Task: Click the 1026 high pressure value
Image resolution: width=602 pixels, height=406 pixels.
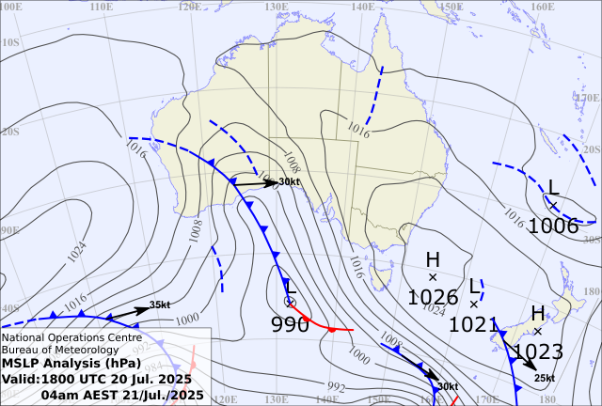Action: coord(433,297)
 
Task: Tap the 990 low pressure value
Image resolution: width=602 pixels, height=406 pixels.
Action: coord(290,324)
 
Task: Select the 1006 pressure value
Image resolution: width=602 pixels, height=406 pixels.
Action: coord(553,226)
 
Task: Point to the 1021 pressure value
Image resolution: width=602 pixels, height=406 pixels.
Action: coord(474,324)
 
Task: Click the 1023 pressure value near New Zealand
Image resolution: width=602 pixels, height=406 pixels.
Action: coord(538,352)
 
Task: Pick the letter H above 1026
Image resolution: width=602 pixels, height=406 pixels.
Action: coord(433,259)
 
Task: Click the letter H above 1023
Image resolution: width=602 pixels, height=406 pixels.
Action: coord(538,314)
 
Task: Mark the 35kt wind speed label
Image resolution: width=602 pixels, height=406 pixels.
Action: coord(160,304)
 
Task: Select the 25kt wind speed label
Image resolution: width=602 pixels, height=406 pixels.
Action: coord(545,378)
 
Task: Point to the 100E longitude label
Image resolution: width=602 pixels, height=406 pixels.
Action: coord(12,7)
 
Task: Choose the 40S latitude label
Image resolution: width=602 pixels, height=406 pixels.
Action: coord(11,308)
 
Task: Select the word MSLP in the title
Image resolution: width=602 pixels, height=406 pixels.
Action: coord(22,364)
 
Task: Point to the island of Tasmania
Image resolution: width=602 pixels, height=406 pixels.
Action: coord(380,275)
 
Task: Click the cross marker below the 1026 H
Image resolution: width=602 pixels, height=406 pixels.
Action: coord(433,277)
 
